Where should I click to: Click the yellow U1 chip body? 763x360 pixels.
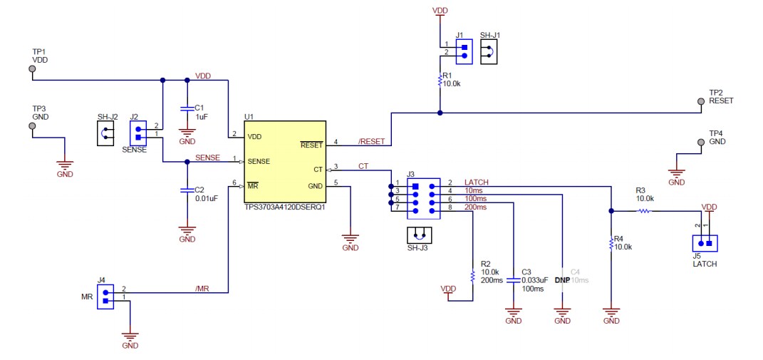pos(284,162)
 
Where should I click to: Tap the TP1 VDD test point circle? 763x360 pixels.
pos(31,69)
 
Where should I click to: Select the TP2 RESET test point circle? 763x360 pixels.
pos(701,102)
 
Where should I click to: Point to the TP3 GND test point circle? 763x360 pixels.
pos(31,126)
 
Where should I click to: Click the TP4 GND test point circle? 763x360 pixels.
pos(701,143)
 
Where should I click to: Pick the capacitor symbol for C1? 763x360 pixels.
pos(187,108)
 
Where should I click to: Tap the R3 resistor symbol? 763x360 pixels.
pos(644,211)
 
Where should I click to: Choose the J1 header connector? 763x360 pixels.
pos(464,49)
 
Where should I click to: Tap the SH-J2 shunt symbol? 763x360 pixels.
pos(105,133)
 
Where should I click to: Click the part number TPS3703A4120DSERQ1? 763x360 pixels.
pos(284,207)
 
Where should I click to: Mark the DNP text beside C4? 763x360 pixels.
pos(562,280)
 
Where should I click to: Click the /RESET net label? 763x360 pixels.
pos(371,141)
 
